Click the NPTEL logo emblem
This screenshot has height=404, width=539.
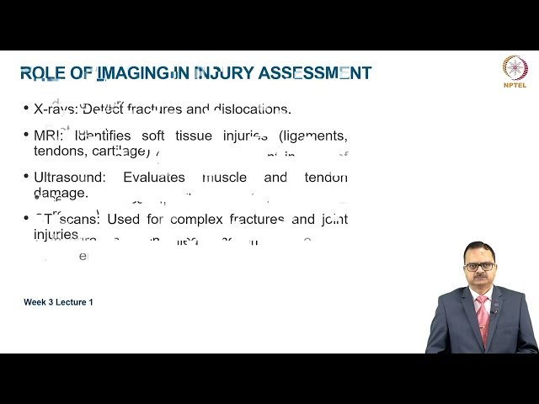click(514, 66)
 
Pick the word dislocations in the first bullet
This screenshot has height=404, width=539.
click(251, 109)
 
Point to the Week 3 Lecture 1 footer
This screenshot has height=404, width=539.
click(58, 301)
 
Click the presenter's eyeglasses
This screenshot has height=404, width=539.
click(480, 267)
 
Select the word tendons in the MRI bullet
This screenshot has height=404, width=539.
click(57, 151)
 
